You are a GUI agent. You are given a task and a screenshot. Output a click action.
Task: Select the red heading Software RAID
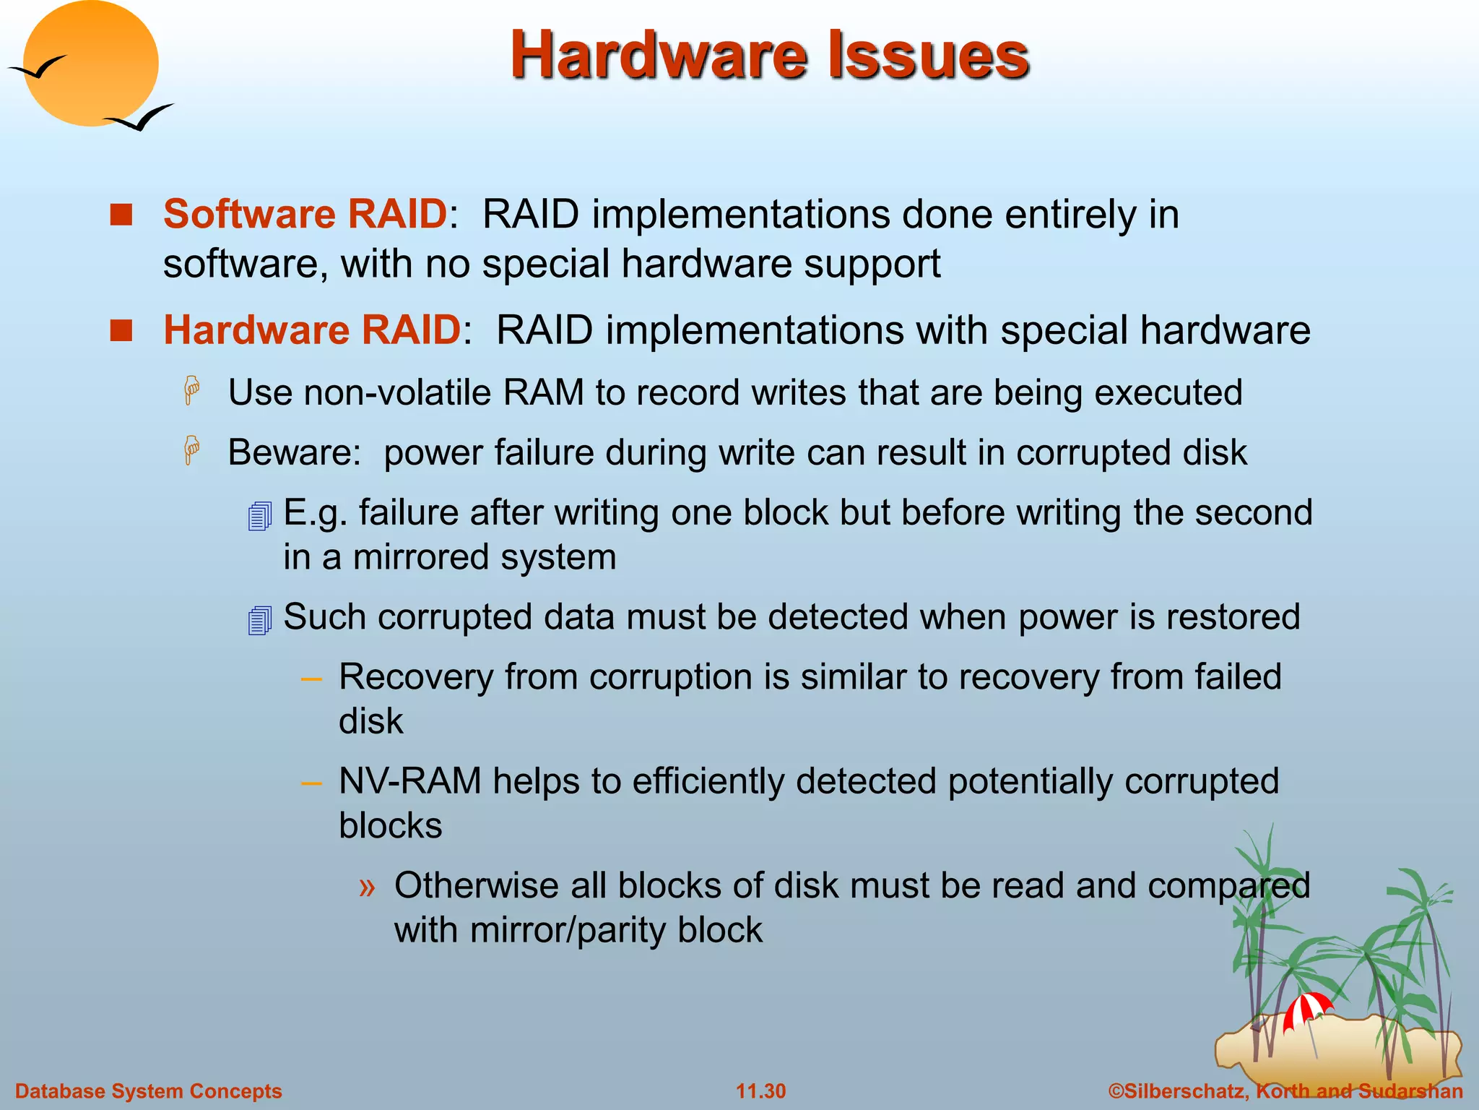(305, 214)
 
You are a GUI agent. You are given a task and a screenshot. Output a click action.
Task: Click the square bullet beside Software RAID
(121, 215)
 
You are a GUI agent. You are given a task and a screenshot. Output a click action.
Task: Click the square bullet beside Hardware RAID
(121, 330)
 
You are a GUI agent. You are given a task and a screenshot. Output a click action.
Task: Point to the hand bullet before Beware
(192, 451)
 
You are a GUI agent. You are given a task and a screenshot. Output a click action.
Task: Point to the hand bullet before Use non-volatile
(192, 391)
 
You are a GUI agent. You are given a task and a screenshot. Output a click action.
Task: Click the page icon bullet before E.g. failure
(259, 516)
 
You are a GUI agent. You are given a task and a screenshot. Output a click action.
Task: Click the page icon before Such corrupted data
(259, 620)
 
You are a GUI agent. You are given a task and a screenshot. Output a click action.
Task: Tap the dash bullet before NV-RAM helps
(311, 783)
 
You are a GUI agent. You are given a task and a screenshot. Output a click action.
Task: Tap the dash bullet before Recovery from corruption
(311, 679)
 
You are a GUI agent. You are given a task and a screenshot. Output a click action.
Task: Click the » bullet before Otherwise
(368, 887)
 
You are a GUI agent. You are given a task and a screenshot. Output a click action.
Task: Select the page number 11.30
(760, 1091)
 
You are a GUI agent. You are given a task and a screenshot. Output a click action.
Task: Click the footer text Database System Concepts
(148, 1091)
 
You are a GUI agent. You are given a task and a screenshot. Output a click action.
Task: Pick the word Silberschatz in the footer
(1184, 1091)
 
